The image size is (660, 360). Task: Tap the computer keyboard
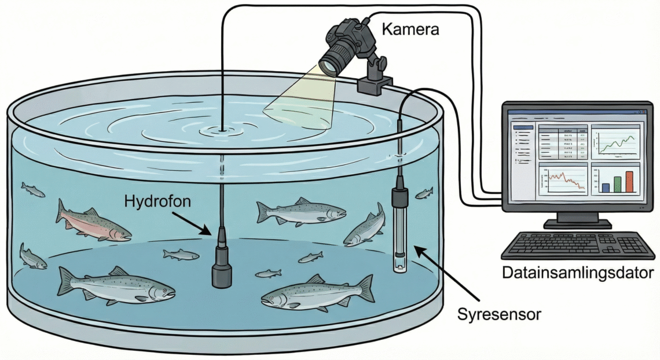(x=578, y=245)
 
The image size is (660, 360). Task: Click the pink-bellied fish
(x=93, y=223)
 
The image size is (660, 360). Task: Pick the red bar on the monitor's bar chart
(x=629, y=181)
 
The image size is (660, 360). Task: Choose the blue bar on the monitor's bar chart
(x=606, y=188)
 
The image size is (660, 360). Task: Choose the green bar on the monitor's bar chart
(x=618, y=184)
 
